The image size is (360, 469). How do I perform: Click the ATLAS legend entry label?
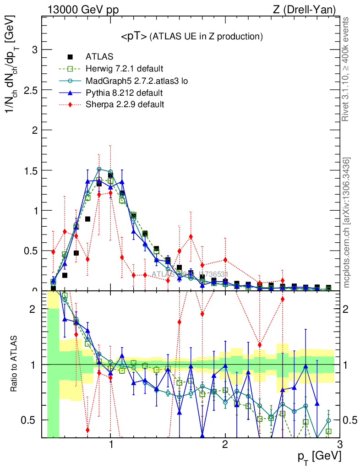coord(99,57)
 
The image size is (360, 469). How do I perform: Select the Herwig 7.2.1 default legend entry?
coord(124,69)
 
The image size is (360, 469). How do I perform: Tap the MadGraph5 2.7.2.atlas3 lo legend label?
coord(137,81)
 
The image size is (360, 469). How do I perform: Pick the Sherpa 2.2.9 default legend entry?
coord(125,104)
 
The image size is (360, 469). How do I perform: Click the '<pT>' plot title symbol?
coord(134,37)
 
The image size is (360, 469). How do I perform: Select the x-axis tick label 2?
coord(225,445)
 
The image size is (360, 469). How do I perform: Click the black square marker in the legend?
coord(70,57)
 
